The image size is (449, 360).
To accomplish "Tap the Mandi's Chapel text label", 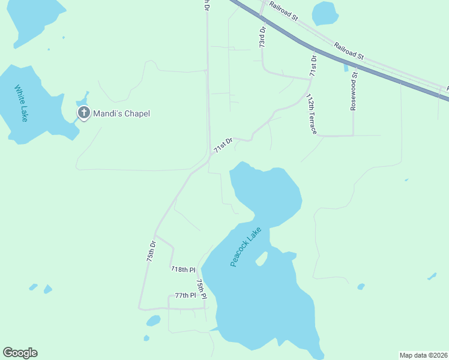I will (121, 113).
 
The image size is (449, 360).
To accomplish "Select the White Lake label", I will (22, 103).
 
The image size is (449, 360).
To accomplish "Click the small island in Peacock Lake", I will (261, 259).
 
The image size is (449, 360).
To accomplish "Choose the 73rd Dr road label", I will (262, 37).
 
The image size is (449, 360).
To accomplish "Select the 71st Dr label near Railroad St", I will (313, 64).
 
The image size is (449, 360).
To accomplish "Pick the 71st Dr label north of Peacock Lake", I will (223, 145).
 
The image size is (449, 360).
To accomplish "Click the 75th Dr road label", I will (151, 251).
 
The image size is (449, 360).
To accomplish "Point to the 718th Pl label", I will (183, 269).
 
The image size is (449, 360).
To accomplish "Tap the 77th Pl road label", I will (185, 296).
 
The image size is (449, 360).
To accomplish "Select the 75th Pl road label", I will (202, 289).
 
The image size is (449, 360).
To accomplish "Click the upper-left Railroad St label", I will (283, 11).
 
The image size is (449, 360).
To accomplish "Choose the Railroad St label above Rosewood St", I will (349, 50).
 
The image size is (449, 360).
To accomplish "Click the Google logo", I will (20, 353).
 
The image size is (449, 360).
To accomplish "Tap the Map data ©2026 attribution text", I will (423, 355).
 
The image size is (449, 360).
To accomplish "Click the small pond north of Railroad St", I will (325, 13).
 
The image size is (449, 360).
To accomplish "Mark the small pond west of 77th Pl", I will (154, 320).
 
